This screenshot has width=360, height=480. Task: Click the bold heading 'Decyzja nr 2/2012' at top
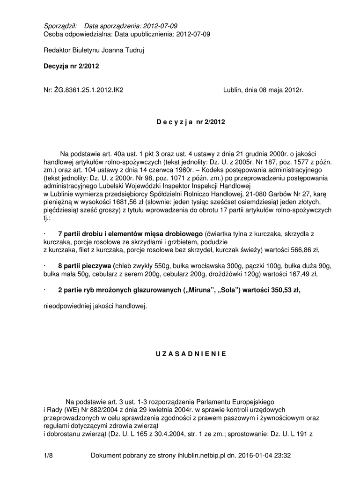pos(71,67)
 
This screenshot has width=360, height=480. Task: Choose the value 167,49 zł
pos(301,273)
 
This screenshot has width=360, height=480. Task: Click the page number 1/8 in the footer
pos(48,455)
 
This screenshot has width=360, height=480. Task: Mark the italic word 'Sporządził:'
pos(59,26)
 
